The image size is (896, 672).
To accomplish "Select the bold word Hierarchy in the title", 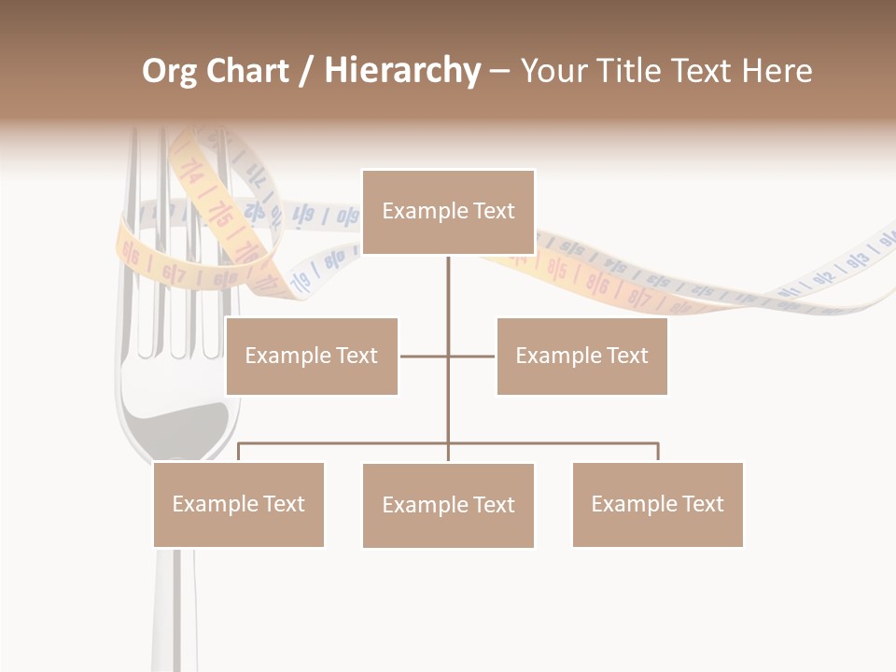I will click(x=402, y=71).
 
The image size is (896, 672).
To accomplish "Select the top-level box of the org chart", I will click(x=448, y=212).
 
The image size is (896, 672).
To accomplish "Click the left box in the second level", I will click(x=312, y=356).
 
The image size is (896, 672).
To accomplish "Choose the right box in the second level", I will click(x=581, y=356).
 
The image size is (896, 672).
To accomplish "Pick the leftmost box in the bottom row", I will click(x=238, y=504).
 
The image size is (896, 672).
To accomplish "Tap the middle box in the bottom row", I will click(x=448, y=505).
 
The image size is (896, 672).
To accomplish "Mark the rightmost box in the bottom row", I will click(x=657, y=504).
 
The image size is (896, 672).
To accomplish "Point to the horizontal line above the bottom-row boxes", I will click(x=345, y=444).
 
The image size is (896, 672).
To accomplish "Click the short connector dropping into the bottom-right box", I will click(x=658, y=452).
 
